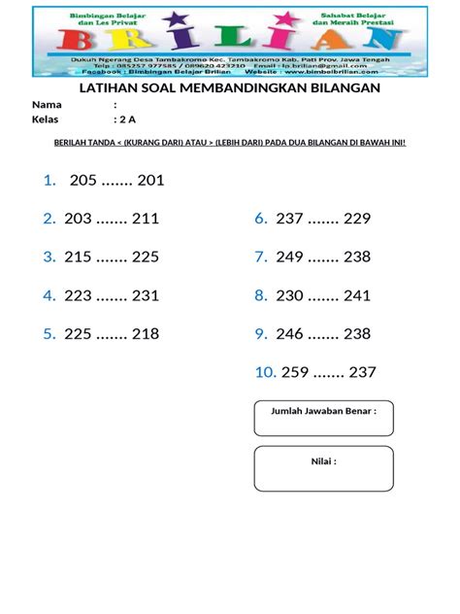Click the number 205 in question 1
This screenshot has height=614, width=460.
84,180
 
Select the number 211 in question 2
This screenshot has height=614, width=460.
145,219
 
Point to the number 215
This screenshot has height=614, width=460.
79,257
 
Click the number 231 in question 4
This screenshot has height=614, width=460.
145,295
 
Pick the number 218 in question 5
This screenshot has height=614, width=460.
145,334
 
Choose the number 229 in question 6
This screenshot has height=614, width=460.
356,219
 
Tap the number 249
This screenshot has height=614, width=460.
290,257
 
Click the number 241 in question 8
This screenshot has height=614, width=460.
356,295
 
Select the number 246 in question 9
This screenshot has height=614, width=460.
290,334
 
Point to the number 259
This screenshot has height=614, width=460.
294,372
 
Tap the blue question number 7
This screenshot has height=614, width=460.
260,257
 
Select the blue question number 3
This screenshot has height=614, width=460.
48,257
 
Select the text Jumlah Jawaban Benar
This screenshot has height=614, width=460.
321,410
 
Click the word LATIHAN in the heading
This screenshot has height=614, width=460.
105,88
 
